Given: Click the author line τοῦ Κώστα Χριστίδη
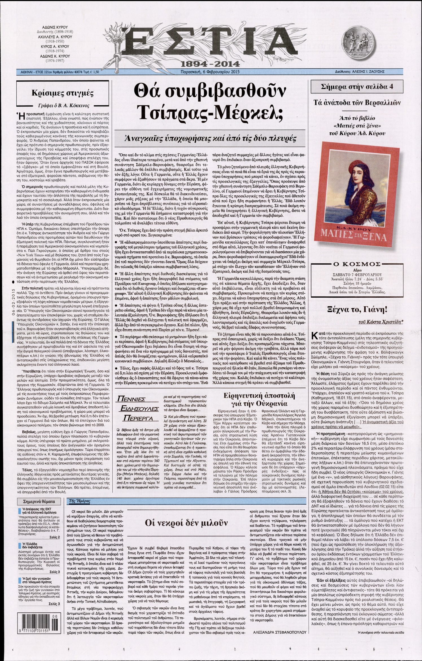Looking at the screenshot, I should [x=381, y=322].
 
